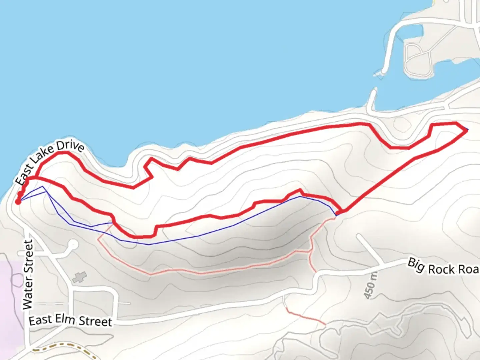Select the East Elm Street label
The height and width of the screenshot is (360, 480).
[70, 321]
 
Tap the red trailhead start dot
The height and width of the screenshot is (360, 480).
[18, 201]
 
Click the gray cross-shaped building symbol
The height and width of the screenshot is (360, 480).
[79, 277]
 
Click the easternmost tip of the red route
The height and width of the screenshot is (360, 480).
[466, 130]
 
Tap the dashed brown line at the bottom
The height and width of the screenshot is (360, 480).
[63, 345]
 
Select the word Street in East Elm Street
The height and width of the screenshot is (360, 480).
[95, 322]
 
